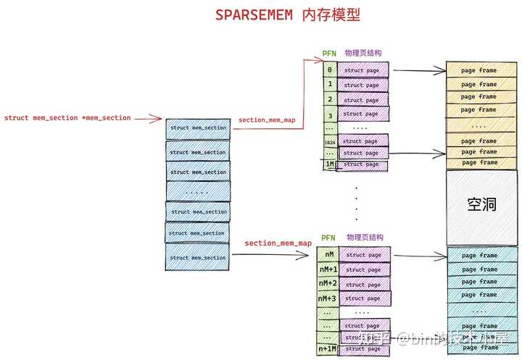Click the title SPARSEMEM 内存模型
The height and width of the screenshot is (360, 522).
click(x=287, y=15)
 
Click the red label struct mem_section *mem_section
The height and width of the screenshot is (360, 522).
click(x=67, y=117)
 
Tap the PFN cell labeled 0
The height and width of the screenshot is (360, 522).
click(x=329, y=70)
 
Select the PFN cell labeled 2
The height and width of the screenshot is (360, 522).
click(x=329, y=99)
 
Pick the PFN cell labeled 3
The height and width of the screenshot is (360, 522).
click(x=329, y=114)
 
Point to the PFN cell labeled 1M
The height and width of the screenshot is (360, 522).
click(x=329, y=164)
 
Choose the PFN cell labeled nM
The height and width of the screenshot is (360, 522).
click(x=329, y=254)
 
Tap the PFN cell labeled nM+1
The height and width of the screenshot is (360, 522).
click(x=329, y=269)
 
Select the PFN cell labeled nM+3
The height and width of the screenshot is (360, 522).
click(x=329, y=298)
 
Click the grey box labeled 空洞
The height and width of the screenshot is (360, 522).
click(x=481, y=206)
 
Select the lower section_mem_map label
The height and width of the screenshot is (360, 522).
click(x=278, y=243)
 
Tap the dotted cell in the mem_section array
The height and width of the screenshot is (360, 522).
click(x=198, y=192)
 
